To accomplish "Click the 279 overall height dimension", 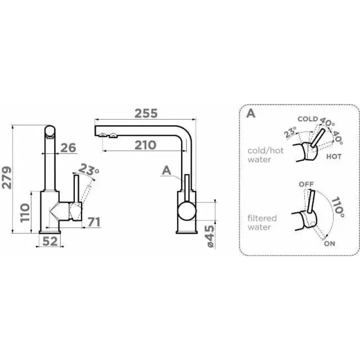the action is [6, 178].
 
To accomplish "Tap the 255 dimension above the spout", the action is [146, 113].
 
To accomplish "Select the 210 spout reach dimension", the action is [145, 145].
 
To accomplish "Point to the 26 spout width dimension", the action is [68, 148].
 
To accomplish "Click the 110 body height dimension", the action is [25, 212].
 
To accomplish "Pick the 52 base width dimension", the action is [50, 241].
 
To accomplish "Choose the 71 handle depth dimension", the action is [94, 222].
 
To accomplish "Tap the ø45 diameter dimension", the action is [210, 236].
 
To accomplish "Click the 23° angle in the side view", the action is [89, 170].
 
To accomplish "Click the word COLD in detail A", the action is [308, 119].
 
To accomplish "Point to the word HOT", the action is [334, 157].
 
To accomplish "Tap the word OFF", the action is [306, 184].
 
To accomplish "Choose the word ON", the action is [329, 243].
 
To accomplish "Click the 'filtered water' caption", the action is [262, 222].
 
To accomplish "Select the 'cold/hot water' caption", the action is [265, 155].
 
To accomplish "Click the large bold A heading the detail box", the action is [251, 113].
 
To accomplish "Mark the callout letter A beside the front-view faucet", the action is [166, 171].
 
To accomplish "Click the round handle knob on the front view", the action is [187, 211].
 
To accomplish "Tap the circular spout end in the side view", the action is [50, 130].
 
